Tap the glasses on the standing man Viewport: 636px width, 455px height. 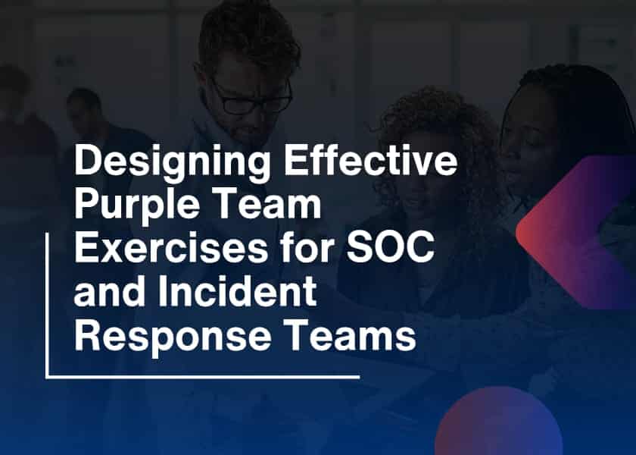click(x=251, y=101)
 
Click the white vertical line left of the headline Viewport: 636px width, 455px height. click(x=47, y=303)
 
